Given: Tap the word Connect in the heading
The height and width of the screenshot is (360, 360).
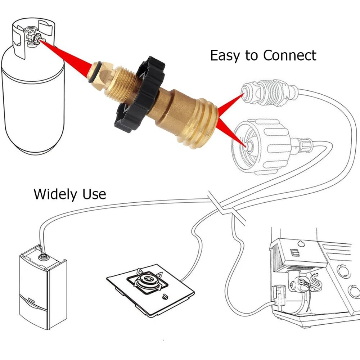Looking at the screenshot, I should tap(290, 55).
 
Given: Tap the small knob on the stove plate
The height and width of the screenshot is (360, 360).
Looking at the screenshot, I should tap(165, 297).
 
